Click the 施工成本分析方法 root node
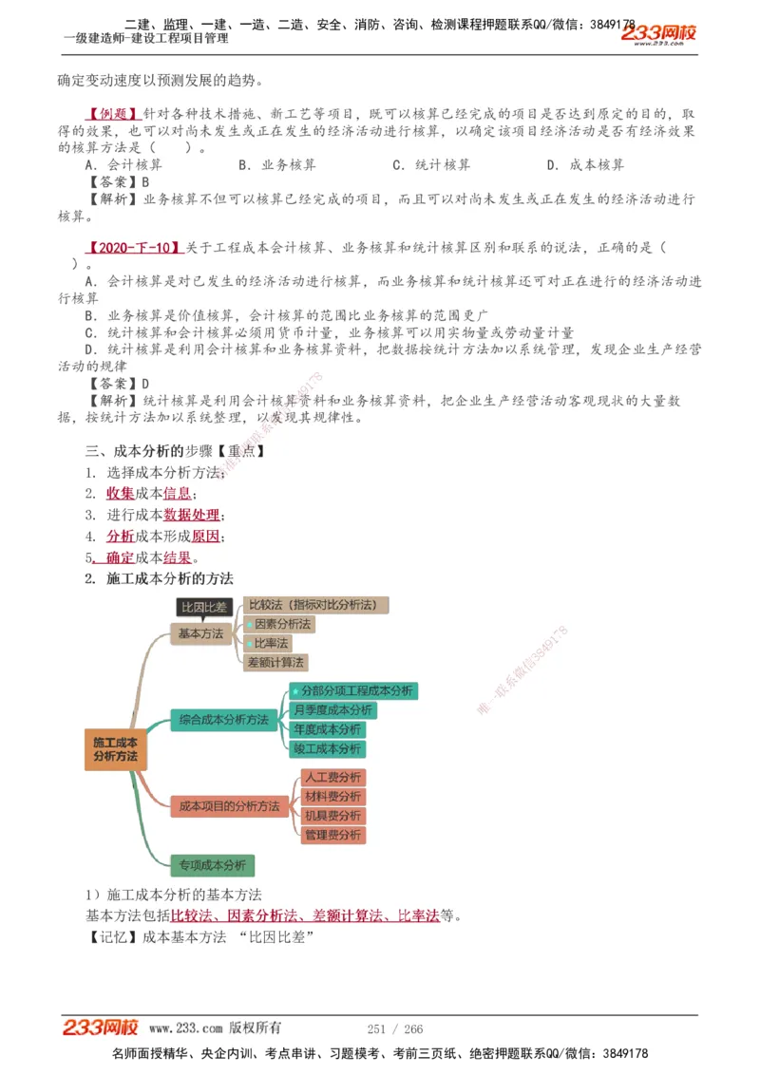pos(115,748)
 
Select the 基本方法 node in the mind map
pos(200,633)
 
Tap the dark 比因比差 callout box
pos(203,608)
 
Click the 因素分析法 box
pos(277,624)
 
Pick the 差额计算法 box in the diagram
pos(275,662)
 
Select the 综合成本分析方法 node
pos(224,720)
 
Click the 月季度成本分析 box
pos(332,710)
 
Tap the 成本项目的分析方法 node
pos(230,806)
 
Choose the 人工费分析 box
pos(332,778)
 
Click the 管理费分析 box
pos(332,835)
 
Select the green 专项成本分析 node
pos(212,865)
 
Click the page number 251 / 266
pos(395,1028)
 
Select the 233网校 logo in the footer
pos(101,1028)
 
